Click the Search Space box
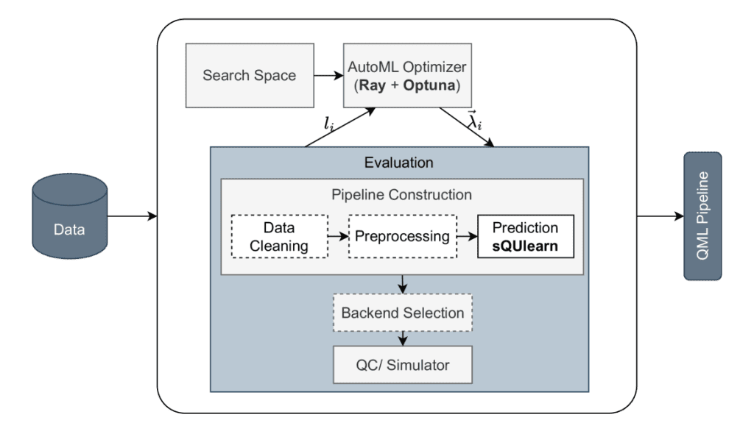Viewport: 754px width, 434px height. click(x=249, y=75)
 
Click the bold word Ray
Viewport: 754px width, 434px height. click(x=373, y=86)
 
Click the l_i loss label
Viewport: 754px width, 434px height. click(x=329, y=124)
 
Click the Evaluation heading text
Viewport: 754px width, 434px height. click(x=399, y=162)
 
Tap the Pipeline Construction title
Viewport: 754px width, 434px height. click(x=402, y=195)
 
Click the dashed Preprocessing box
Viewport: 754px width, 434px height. click(x=402, y=236)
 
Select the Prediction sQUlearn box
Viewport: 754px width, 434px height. click(x=525, y=236)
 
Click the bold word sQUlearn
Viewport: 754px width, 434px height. click(x=525, y=246)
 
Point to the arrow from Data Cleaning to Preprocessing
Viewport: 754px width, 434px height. click(x=337, y=236)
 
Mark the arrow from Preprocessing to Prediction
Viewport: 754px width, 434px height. click(x=467, y=236)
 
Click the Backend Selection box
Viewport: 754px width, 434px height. click(x=402, y=313)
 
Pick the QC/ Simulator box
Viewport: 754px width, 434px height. click(x=402, y=364)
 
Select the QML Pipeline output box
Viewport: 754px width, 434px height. click(x=702, y=216)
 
